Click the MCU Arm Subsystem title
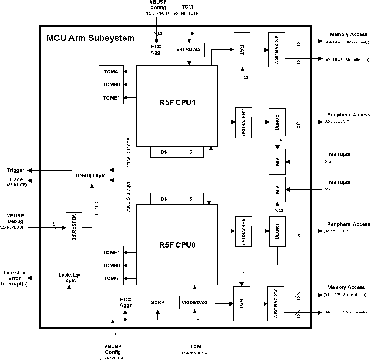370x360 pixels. (90, 38)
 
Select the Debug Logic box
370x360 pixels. (91, 176)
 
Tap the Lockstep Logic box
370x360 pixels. (69, 278)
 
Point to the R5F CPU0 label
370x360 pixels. (177, 246)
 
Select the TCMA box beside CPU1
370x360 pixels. (111, 72)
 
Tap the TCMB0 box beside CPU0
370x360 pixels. (111, 265)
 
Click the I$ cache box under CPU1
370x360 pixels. (190, 152)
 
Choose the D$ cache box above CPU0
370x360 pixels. (163, 198)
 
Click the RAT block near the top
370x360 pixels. (242, 49)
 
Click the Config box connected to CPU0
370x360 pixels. (277, 231)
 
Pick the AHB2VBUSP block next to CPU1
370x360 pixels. (243, 122)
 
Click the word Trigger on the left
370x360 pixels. (16, 170)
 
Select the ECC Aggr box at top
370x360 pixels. (154, 50)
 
